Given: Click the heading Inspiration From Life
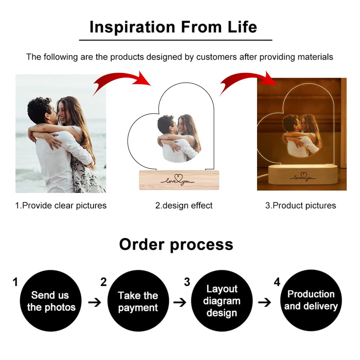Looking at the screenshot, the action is pos(173,27).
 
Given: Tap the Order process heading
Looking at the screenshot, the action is pos(176,244).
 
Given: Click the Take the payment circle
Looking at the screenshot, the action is pos(138,301).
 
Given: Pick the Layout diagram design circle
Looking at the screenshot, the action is pos(221,301).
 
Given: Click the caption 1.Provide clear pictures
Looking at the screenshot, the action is pos(61,206).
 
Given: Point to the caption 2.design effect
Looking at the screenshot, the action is pos(184,206).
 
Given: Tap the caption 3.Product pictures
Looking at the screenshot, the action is pos(301,206).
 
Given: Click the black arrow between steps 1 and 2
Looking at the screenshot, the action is pos(94,302).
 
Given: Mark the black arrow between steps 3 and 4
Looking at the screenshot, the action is pos(265,302).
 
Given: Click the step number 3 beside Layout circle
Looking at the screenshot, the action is pos(187,282).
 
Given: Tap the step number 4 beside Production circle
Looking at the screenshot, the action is pos(277,282).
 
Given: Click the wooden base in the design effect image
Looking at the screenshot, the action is pos(179,180).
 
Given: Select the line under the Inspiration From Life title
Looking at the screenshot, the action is pos(175,40).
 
